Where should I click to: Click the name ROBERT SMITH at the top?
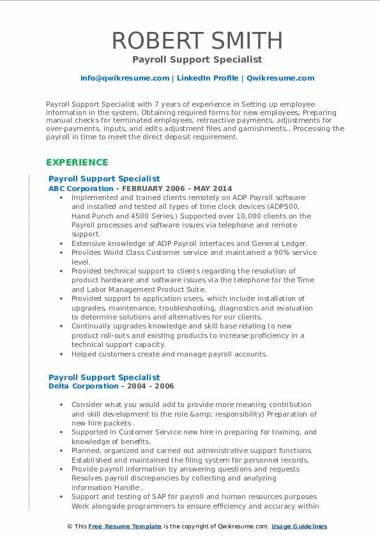197,40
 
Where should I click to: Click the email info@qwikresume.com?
125,78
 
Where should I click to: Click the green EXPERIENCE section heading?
77,162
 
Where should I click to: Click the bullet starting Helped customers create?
169,353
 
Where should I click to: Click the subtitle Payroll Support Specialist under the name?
197,59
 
